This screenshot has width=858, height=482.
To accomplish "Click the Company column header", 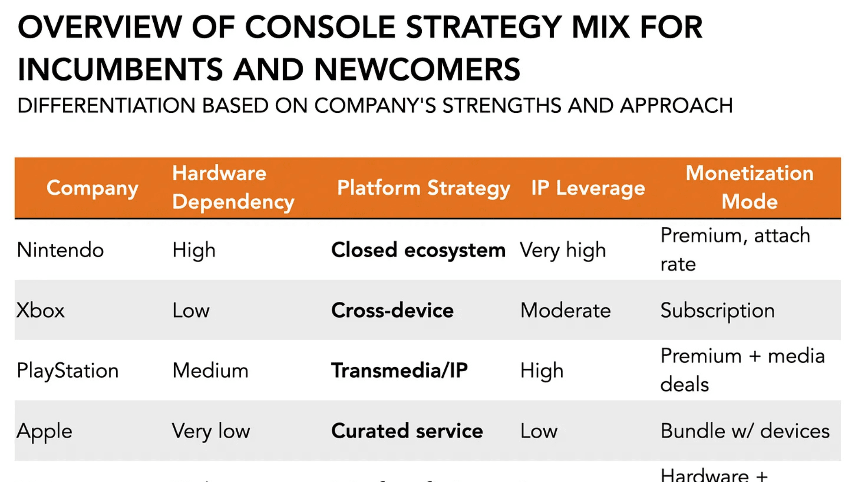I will click(92, 188).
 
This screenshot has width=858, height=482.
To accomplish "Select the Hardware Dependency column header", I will click(233, 187).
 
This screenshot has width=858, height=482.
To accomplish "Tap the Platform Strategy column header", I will click(423, 188).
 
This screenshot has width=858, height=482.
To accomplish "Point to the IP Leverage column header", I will click(588, 188).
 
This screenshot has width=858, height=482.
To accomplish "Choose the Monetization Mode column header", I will click(749, 187).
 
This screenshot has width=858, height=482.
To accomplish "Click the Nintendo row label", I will click(60, 250).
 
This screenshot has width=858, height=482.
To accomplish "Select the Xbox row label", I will click(41, 310).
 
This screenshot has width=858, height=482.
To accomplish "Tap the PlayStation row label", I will click(68, 370).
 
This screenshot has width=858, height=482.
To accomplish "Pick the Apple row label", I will click(44, 431).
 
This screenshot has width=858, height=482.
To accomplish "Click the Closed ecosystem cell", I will click(418, 250).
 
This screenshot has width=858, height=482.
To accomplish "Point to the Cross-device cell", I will click(392, 310).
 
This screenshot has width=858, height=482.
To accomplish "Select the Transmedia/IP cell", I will click(399, 370).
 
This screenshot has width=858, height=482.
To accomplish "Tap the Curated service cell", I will click(407, 431).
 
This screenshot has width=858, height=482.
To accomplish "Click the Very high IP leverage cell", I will click(563, 250).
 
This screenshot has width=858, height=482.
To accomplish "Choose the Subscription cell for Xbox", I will click(717, 310).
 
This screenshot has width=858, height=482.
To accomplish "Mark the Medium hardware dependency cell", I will click(210, 370).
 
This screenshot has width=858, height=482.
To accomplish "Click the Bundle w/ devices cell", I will click(744, 431).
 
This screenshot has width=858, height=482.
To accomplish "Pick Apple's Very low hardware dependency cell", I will click(211, 431).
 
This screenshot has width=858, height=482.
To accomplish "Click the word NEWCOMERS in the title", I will click(417, 70).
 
